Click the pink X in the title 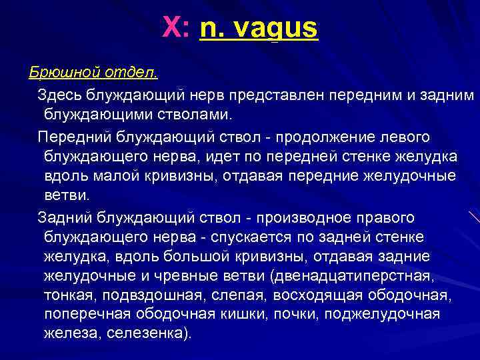(171, 29)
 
